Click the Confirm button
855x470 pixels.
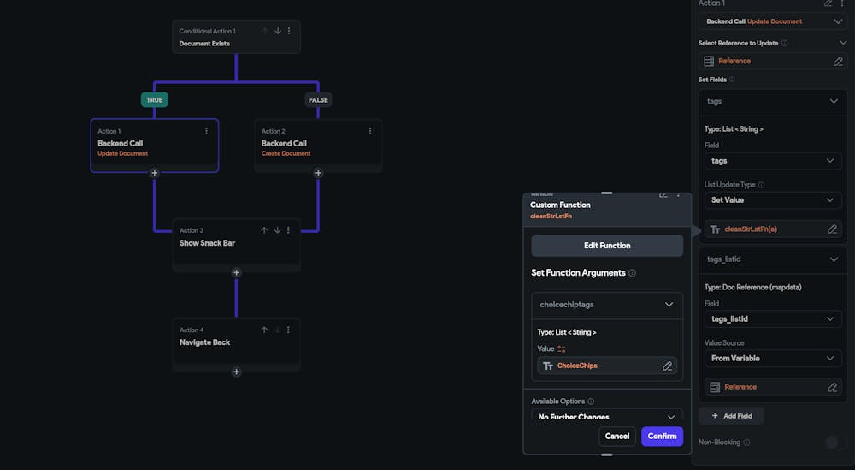[x=662, y=436]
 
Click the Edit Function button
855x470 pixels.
[x=607, y=246]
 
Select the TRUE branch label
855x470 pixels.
[x=154, y=99]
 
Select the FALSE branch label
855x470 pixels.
[x=318, y=99]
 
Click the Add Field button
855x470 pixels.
[x=731, y=415]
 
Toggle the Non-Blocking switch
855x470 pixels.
[x=830, y=443]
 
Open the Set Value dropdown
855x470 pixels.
[x=773, y=199]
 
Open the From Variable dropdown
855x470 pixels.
[x=773, y=358]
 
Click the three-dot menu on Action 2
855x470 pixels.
[x=370, y=131]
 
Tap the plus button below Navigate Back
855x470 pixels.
[x=236, y=372]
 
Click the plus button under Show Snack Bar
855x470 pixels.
[x=236, y=272]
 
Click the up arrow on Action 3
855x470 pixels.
[x=264, y=230]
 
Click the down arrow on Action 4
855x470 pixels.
[x=277, y=330]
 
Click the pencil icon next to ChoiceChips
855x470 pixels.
[x=667, y=366]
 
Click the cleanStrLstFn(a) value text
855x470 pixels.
[x=750, y=229]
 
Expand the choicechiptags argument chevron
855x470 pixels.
[x=669, y=304]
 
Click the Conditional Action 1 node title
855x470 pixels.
[x=207, y=31]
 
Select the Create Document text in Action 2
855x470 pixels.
[x=286, y=153]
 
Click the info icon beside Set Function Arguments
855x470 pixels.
[x=632, y=273]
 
